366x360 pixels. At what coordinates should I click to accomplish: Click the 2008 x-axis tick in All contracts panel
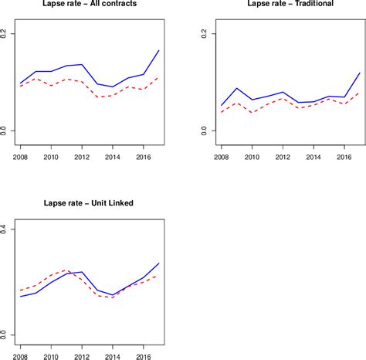(x=22, y=158)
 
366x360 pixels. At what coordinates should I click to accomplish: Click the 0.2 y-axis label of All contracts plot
(x=5, y=35)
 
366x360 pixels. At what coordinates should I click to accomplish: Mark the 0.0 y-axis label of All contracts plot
(x=5, y=131)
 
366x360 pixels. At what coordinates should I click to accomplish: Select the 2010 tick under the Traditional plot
(x=252, y=158)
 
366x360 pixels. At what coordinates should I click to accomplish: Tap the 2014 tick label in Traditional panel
(x=313, y=158)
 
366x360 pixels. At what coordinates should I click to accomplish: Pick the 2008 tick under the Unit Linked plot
(x=22, y=358)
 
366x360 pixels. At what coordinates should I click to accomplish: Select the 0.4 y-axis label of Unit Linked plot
(x=5, y=229)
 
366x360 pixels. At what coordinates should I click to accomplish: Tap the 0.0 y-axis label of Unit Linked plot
(x=5, y=335)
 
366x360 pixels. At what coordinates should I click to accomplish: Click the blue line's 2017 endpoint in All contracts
(x=159, y=50)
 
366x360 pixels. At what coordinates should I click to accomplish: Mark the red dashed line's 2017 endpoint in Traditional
(x=360, y=93)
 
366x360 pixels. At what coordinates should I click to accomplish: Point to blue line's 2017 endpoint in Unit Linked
(x=159, y=263)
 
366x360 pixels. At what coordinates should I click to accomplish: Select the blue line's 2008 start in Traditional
(x=222, y=105)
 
